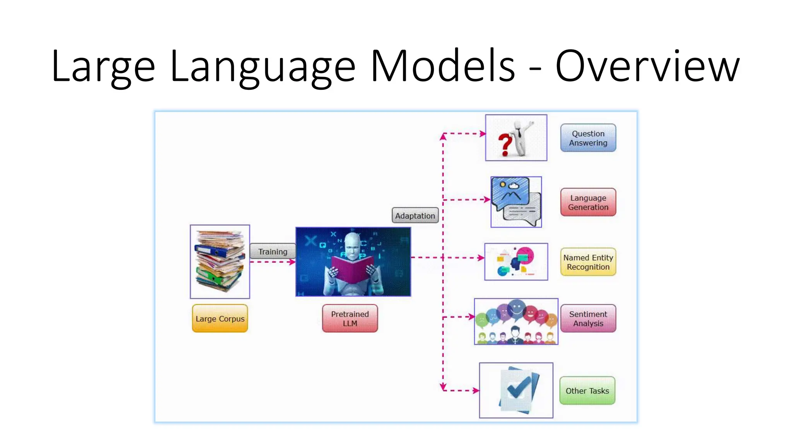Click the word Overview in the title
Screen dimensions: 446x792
pyautogui.click(x=647, y=66)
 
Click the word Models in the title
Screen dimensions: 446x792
pyautogui.click(x=442, y=66)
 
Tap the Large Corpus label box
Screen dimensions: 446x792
pyautogui.click(x=220, y=318)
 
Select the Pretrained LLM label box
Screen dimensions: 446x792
pyautogui.click(x=350, y=318)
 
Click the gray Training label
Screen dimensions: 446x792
pyautogui.click(x=273, y=251)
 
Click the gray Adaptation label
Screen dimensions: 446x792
pyautogui.click(x=415, y=215)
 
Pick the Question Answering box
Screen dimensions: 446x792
pyautogui.click(x=588, y=138)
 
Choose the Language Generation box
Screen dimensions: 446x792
pyautogui.click(x=588, y=202)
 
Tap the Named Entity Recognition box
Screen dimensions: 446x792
pyautogui.click(x=588, y=262)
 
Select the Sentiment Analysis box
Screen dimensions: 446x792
pyautogui.click(x=588, y=318)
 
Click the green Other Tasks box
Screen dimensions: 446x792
pyautogui.click(x=587, y=390)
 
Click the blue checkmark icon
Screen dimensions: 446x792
pyautogui.click(x=518, y=387)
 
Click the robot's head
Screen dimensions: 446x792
pyautogui.click(x=353, y=244)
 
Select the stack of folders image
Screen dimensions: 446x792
pyautogui.click(x=220, y=262)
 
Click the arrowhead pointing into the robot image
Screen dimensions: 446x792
pyautogui.click(x=292, y=262)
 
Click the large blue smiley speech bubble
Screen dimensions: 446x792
pyautogui.click(x=517, y=310)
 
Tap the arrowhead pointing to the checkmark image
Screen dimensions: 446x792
pyautogui.click(x=476, y=390)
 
